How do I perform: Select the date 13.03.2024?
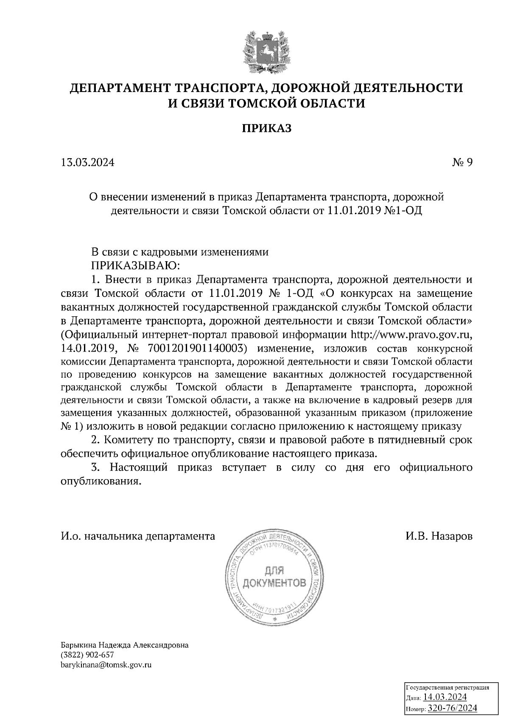[x=87, y=162]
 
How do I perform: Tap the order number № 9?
[x=462, y=162]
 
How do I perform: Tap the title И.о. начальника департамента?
[x=138, y=536]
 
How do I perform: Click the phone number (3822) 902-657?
[x=88, y=655]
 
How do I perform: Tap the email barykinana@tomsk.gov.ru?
[x=106, y=665]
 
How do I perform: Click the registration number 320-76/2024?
[x=452, y=708]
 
